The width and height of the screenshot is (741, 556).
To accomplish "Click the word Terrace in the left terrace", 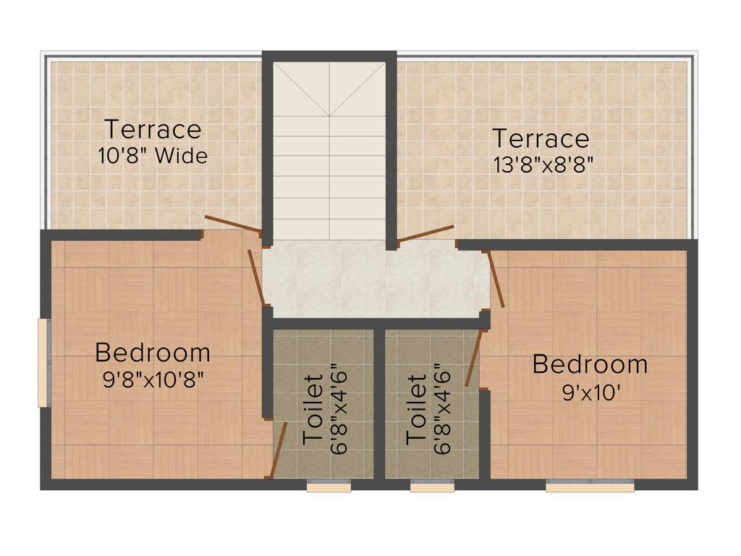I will click(153, 130).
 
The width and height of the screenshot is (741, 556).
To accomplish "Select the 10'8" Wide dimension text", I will click(153, 156).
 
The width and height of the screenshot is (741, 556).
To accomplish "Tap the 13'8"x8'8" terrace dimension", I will click(541, 164).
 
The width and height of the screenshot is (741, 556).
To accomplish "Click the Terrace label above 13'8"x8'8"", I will click(541, 138).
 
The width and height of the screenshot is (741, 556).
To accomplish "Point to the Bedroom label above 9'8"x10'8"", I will click(153, 353).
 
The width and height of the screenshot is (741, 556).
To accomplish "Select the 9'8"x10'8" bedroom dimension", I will click(153, 379).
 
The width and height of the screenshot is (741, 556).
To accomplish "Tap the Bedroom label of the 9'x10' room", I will click(590, 364).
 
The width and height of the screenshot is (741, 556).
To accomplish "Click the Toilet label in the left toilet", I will click(313, 409).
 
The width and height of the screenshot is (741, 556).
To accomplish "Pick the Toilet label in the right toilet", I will click(416, 409).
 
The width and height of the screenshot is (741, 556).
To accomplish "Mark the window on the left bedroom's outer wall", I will click(43, 363).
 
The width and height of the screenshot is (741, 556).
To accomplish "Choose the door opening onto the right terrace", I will click(426, 234).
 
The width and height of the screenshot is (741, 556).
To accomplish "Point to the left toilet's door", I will click(275, 452).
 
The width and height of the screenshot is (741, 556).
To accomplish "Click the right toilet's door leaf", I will click(473, 358).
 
